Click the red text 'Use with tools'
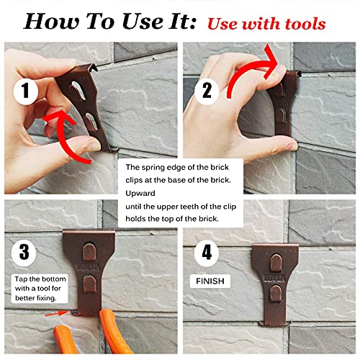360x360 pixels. coord(267,23)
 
